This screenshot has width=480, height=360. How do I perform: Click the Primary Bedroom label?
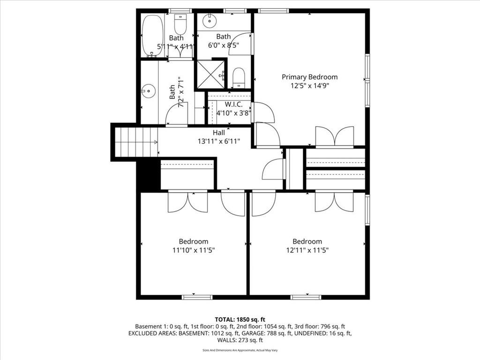309,77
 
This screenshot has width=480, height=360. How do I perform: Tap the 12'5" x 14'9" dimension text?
309,86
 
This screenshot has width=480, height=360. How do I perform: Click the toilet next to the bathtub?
180,24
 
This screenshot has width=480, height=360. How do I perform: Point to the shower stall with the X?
210,75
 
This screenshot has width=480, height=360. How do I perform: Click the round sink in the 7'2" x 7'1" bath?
149,91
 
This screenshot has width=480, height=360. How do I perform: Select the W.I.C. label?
233,105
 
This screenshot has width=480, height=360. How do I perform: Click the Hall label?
218,133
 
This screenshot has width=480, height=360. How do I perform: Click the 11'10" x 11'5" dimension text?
194,250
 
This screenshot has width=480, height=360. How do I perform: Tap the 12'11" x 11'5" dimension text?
307,250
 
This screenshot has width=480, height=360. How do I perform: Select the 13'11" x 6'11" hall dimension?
218,142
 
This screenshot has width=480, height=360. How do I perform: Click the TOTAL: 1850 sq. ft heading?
240,320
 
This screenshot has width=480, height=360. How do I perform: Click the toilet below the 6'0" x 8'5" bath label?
239,78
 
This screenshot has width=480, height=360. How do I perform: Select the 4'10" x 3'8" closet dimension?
233,113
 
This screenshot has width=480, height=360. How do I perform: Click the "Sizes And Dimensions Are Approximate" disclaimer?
240,350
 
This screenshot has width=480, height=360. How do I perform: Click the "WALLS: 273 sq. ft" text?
240,340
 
